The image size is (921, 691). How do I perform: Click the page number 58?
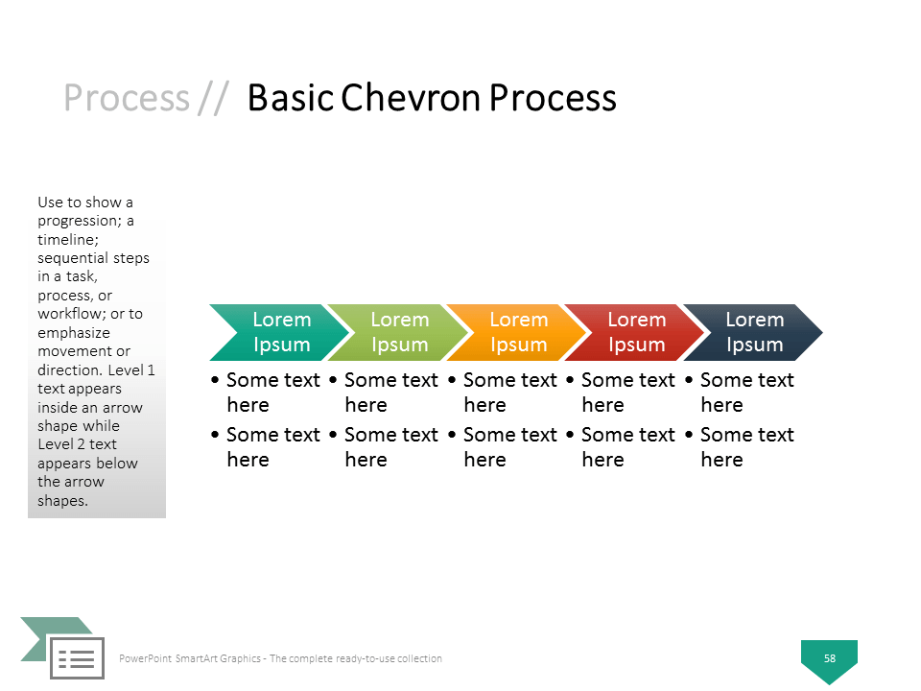point(829,658)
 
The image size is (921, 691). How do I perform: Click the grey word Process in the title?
point(127,98)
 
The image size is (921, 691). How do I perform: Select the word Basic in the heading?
point(291,98)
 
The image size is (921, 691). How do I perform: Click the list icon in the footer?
point(77,658)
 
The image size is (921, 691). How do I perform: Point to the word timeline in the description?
point(66,240)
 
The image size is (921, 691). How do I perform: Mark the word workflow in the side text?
point(71,314)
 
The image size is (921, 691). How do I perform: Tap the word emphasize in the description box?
point(74,333)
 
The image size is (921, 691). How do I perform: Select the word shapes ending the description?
point(61,501)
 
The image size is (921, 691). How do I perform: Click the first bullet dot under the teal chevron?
point(215,380)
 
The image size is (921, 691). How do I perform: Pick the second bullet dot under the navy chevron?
point(689,435)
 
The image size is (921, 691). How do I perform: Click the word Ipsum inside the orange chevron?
point(519,345)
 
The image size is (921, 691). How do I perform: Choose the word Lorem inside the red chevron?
point(637,320)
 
